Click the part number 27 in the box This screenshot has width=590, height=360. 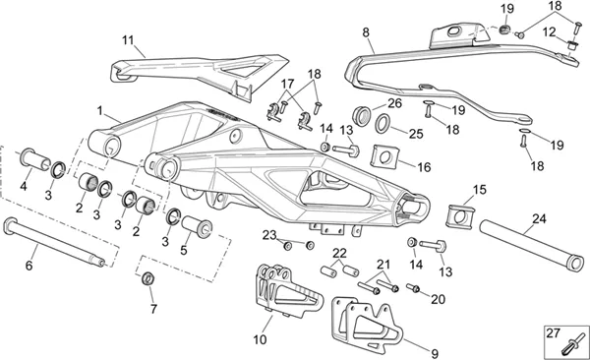click(x=553, y=333)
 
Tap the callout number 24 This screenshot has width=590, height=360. click(x=539, y=218)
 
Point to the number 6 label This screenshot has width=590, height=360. click(x=29, y=266)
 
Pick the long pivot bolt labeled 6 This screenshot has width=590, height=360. click(x=54, y=242)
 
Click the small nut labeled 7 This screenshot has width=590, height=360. click(x=147, y=278)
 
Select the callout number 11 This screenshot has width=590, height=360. click(x=128, y=40)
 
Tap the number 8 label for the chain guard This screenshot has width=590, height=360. click(x=366, y=32)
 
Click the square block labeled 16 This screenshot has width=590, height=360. click(x=383, y=155)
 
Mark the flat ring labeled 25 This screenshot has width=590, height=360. click(x=383, y=123)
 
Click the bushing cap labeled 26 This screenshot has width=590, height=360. click(x=362, y=116)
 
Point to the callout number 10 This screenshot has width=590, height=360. click(x=260, y=339)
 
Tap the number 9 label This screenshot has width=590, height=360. click(x=435, y=354)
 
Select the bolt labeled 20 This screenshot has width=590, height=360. click(x=413, y=288)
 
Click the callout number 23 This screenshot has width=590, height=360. click(x=269, y=235)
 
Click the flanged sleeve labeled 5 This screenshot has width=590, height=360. click(x=197, y=226)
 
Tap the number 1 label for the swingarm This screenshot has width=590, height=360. click(x=99, y=111)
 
